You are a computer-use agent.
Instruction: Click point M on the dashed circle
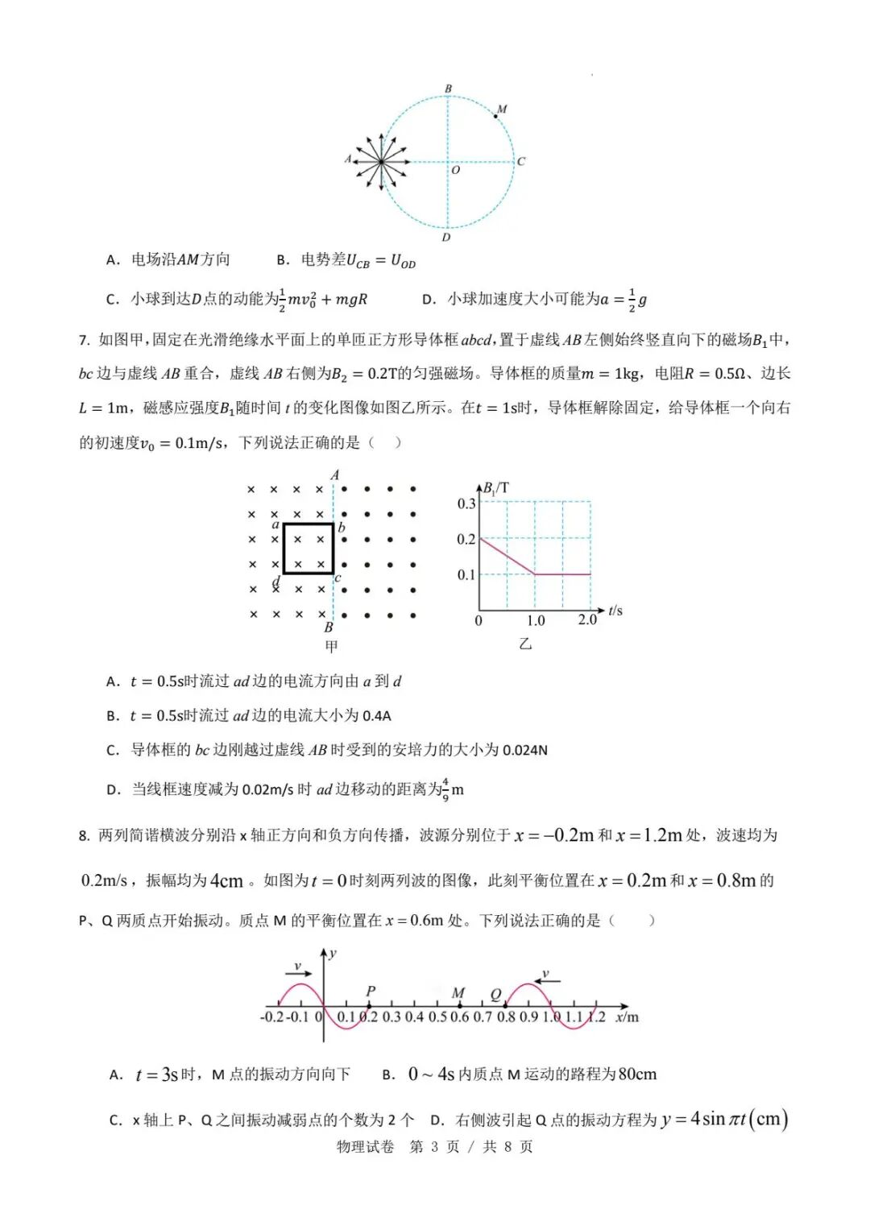(495, 118)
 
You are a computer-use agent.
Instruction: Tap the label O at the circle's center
(455, 170)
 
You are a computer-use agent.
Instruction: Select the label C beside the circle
(521, 161)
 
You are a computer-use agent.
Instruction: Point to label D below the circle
(446, 238)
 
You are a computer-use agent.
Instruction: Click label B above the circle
(448, 89)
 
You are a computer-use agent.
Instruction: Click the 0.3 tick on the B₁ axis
(466, 503)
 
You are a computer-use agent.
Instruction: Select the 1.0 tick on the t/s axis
(536, 620)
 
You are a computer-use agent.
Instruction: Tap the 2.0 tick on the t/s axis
(587, 619)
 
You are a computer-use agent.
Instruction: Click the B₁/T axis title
(495, 488)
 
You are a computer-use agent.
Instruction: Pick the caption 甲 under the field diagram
(331, 646)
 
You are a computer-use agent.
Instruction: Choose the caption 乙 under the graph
(525, 644)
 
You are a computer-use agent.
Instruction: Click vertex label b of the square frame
(342, 528)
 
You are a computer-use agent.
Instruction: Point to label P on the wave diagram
(371, 991)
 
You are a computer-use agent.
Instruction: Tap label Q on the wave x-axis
(495, 994)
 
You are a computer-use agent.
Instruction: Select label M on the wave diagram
(458, 992)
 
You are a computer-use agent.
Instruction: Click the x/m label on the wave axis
(627, 1017)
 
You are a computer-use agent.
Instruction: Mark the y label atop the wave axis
(333, 953)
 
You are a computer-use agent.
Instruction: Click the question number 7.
(84, 340)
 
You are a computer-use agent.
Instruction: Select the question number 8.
(84, 835)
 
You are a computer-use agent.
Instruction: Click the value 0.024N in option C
(524, 750)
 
